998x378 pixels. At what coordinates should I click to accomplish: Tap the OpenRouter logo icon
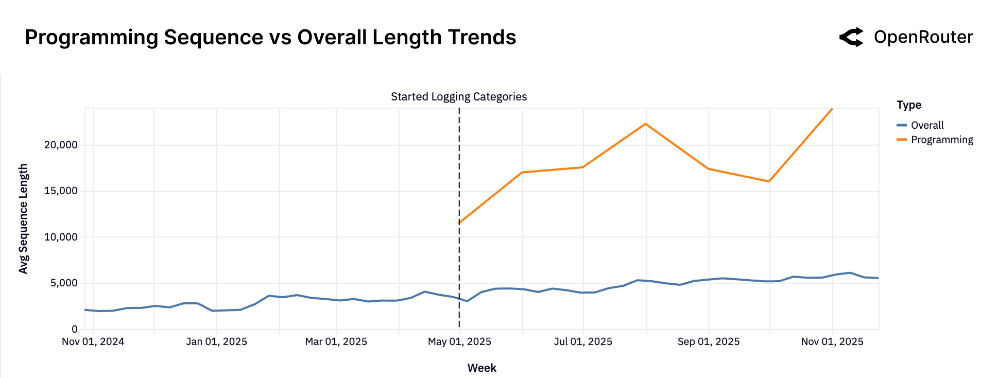852,37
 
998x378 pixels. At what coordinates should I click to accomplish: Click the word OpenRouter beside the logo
923,37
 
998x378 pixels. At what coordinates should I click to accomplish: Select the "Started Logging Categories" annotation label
458,97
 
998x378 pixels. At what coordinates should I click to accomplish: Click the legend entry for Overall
926,125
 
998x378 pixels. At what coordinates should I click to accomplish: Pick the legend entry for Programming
941,140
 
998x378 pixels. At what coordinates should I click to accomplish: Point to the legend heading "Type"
908,105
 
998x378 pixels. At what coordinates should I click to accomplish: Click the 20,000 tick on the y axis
61,145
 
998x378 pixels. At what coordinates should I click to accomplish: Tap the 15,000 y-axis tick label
61,191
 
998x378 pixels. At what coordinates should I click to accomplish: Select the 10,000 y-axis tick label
61,237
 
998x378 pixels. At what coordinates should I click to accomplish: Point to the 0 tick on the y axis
75,329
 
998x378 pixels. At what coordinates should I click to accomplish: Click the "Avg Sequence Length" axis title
23,218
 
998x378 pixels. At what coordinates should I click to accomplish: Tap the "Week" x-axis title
481,368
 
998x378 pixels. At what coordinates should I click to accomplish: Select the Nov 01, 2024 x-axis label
93,341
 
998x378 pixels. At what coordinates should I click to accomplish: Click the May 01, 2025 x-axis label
459,341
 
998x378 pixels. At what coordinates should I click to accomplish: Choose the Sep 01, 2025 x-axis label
708,341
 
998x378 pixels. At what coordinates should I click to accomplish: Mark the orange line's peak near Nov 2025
832,109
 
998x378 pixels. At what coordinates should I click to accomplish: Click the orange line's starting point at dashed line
459,223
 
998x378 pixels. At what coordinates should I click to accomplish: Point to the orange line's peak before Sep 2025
645,124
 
